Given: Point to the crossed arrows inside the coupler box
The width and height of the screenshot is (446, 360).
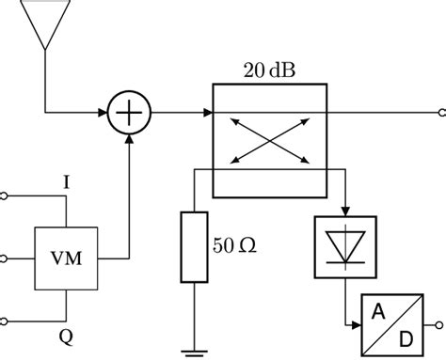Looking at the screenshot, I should click(269, 140).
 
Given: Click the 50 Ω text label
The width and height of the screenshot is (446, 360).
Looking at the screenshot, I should click(234, 246).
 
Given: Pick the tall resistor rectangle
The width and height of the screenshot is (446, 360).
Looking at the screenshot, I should click(193, 246).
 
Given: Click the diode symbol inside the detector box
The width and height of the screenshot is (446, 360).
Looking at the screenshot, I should click(345, 247).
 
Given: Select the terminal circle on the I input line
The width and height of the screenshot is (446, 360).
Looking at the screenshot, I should click(5, 196).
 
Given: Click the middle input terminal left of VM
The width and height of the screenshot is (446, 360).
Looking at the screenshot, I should click(5, 257).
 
